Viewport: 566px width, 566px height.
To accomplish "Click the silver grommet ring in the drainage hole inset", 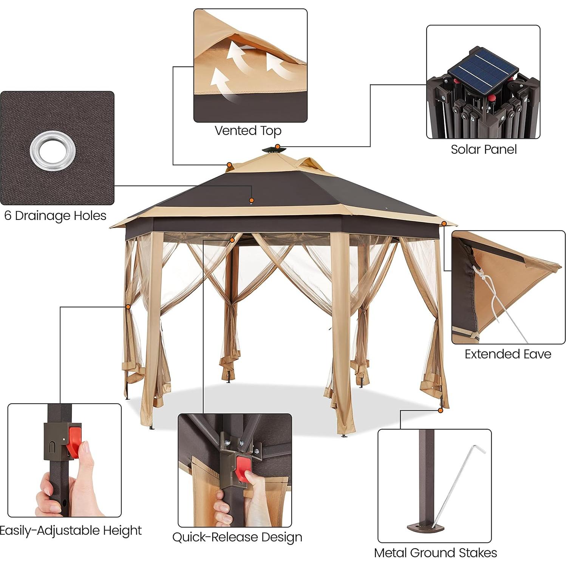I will [x=53, y=151].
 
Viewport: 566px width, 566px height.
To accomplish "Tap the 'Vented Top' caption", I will [x=248, y=131].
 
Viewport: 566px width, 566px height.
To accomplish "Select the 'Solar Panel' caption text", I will [x=483, y=150].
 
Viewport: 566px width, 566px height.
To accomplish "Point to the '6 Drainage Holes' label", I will [x=55, y=216].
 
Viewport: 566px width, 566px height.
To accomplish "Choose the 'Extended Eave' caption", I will [x=507, y=354].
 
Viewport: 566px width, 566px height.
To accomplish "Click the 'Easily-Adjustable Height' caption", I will [x=70, y=530].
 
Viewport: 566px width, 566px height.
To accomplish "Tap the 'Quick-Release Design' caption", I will [x=237, y=537].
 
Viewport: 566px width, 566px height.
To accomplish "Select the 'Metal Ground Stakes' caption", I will [x=435, y=553].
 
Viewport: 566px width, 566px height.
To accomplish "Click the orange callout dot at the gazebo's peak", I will [x=277, y=147].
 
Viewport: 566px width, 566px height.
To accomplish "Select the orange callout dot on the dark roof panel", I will [x=251, y=200].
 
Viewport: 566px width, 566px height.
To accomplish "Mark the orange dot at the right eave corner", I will [x=444, y=224].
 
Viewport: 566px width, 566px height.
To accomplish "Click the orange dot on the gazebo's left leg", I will [x=128, y=307].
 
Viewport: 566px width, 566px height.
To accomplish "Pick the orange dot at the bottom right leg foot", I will [x=441, y=410].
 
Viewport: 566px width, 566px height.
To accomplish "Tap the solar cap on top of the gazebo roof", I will [x=274, y=150].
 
